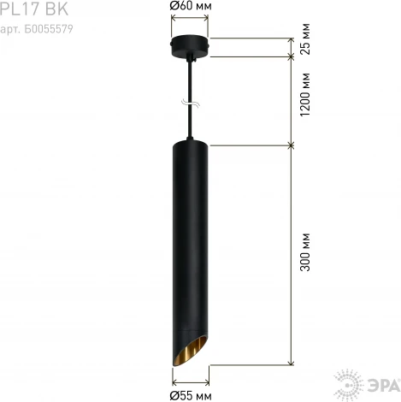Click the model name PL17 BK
[x=33, y=9]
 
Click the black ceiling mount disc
[x=189, y=48]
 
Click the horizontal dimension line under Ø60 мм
[x=189, y=17]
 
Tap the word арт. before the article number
[x=11, y=28]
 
